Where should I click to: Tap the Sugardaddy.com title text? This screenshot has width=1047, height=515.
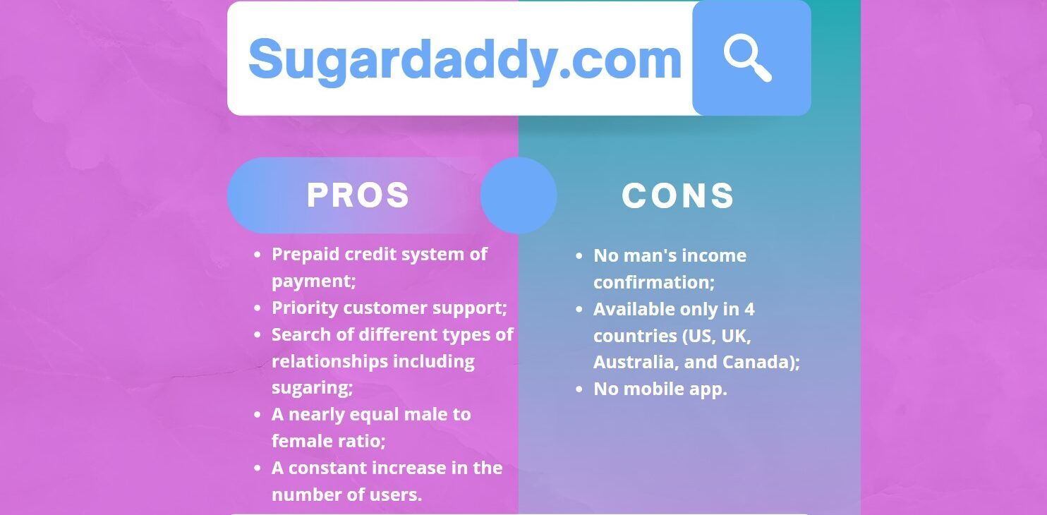pos(465,59)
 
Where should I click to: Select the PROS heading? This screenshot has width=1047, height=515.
pos(358,195)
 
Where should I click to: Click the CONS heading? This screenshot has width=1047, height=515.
pos(678,195)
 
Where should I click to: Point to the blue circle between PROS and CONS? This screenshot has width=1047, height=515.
pos(519,195)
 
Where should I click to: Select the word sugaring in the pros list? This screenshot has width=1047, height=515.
pos(310,387)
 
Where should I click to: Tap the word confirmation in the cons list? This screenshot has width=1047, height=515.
pos(651,282)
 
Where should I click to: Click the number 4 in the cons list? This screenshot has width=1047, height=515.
pos(749,309)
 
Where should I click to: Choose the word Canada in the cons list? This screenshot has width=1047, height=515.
pos(763,362)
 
